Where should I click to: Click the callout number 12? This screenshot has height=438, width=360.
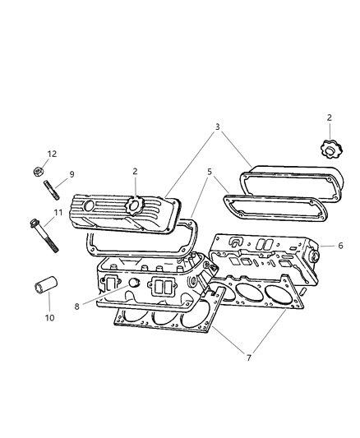[x=52, y=154]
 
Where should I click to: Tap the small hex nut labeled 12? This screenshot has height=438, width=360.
[x=38, y=172]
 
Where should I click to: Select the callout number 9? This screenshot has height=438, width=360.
[x=71, y=174]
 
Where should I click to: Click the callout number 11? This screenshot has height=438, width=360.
[x=58, y=214]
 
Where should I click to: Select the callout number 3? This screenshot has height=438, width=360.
[x=216, y=127]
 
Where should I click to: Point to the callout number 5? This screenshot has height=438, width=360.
[x=210, y=172]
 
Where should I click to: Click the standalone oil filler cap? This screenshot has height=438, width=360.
[x=329, y=151]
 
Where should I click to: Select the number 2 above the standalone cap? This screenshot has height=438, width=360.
[x=329, y=119]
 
